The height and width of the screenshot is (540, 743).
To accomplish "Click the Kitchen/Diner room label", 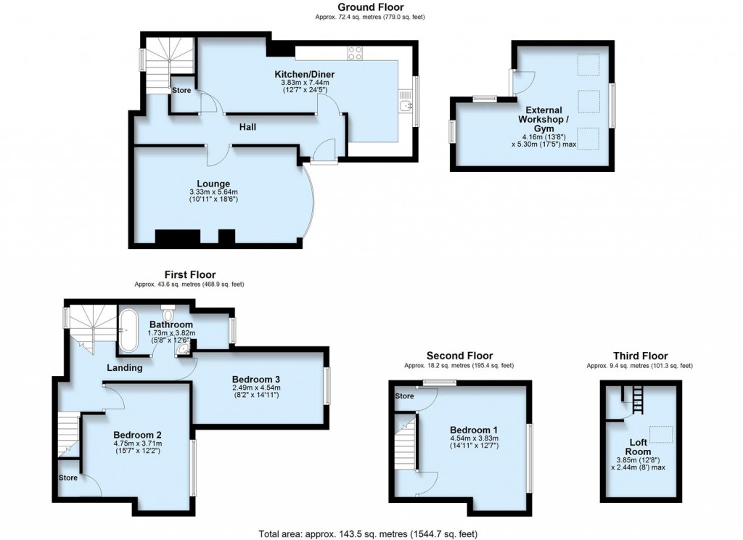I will [304, 75].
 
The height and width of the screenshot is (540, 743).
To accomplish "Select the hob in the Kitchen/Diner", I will [356, 52].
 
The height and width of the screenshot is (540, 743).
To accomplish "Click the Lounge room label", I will [213, 184].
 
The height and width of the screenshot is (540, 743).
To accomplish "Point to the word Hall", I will [248, 127].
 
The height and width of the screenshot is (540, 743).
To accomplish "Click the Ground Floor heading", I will [370, 7].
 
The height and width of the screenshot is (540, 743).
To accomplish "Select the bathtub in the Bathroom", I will [128, 330].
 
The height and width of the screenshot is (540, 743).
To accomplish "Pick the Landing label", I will [125, 368].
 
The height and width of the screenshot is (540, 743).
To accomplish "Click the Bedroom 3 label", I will [256, 380].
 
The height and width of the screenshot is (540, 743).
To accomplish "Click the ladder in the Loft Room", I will [638, 400].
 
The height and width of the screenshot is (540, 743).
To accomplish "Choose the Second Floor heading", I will [459, 356].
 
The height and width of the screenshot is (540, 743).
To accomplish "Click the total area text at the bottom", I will [368, 533].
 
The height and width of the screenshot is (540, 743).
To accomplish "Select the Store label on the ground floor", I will [181, 90].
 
